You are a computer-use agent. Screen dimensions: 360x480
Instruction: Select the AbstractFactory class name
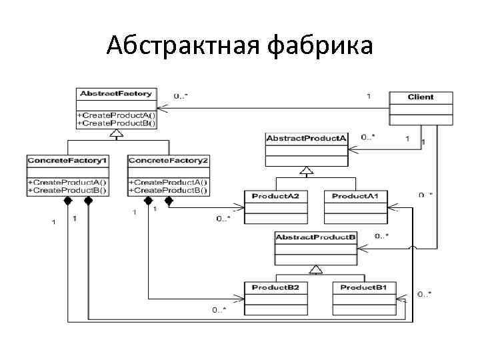point(116,94)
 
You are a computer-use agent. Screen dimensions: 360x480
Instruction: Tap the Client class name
point(421,97)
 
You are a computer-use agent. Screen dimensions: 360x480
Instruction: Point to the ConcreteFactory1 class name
point(67,161)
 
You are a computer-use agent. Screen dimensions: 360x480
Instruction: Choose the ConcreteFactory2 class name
point(168,161)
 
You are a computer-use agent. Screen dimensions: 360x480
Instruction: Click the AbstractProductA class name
point(307,138)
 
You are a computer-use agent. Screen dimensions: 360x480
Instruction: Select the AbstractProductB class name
point(316,237)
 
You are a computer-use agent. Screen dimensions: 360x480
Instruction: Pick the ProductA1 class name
point(355,195)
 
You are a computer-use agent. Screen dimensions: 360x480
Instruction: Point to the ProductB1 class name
point(364,287)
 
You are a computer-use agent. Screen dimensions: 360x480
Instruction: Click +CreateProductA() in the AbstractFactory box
point(116,115)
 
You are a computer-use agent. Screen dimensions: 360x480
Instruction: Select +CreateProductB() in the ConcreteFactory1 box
point(67,190)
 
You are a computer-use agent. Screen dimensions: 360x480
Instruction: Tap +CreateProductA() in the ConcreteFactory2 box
point(168,182)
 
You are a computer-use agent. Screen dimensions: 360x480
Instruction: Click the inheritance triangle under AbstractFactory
point(117,134)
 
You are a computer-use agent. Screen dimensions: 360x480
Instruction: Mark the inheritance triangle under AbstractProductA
point(306,171)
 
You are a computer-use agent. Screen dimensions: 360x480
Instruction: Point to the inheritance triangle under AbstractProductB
point(315,269)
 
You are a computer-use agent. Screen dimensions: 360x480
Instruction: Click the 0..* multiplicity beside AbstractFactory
point(181,96)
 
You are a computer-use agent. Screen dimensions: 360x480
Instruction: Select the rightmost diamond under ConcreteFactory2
point(169,200)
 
